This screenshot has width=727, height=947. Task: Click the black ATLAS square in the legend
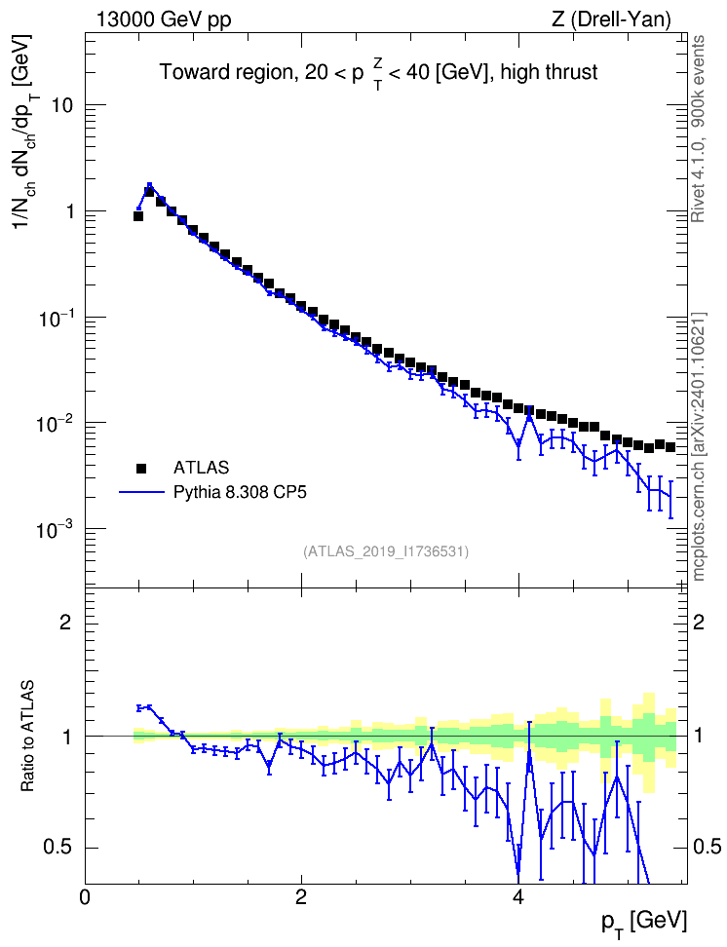(141, 468)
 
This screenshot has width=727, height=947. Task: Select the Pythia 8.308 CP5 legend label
(240, 493)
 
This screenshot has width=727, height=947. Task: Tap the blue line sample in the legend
(141, 492)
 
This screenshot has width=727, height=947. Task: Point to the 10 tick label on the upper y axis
(56, 105)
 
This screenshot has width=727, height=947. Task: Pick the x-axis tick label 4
(517, 897)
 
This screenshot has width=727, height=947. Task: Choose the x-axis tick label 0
(85, 897)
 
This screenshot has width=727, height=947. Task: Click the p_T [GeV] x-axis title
(644, 924)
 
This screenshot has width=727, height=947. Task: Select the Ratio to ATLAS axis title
(27, 736)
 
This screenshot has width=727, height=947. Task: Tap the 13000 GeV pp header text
(164, 19)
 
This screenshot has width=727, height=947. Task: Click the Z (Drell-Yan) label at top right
(611, 19)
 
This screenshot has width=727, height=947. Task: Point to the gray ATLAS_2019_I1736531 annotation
(386, 551)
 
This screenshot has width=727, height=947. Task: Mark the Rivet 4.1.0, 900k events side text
(699, 129)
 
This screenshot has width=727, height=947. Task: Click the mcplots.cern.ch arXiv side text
(699, 446)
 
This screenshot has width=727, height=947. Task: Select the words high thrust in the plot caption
(549, 72)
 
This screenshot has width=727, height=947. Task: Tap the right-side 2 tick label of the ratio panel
(699, 622)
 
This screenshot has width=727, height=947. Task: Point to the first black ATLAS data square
(138, 216)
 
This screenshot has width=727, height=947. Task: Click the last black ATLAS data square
(670, 447)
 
